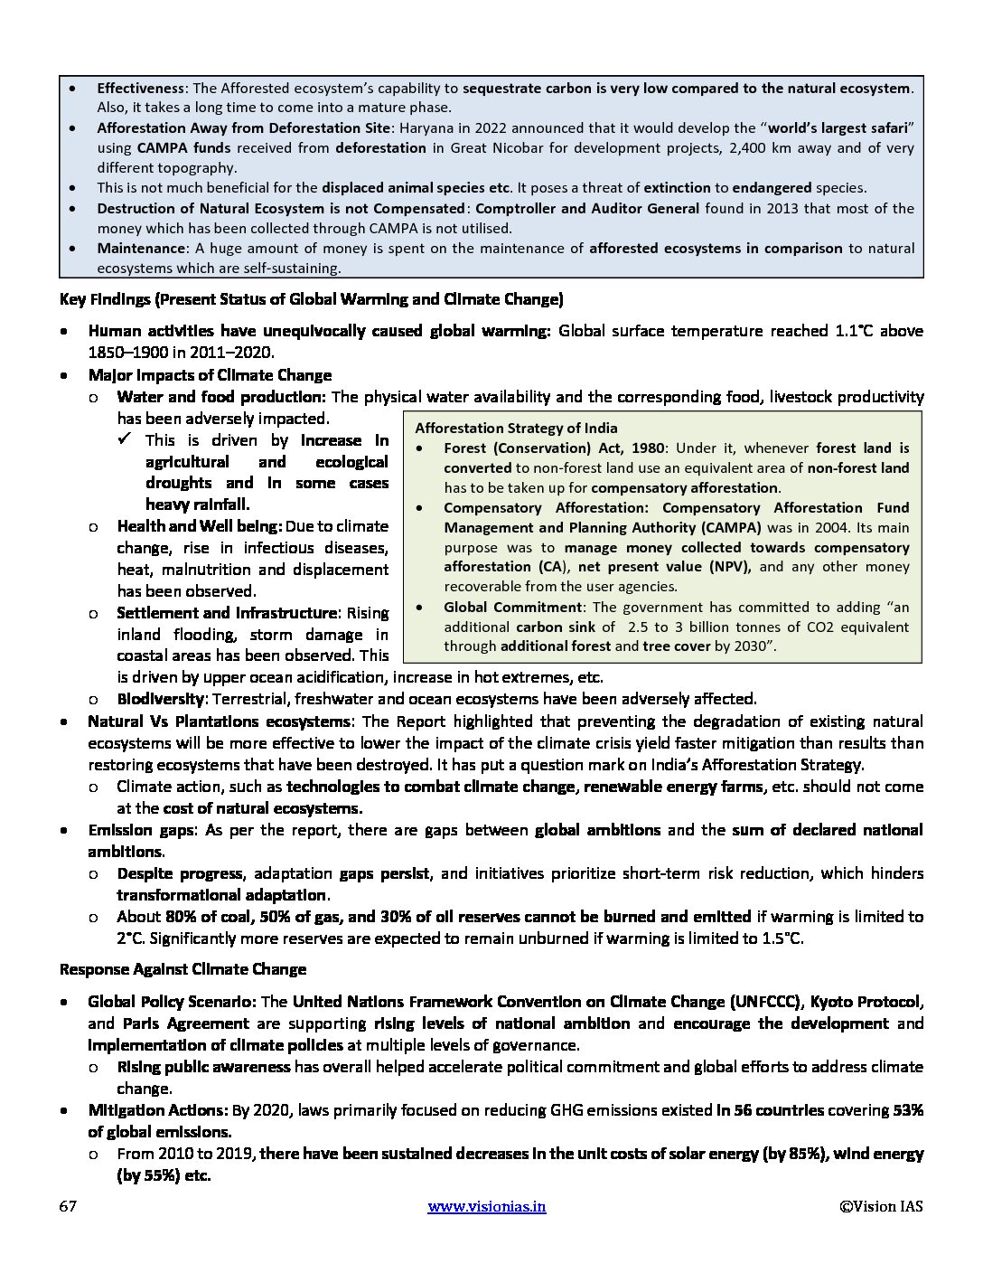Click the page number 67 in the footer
tap(68, 1206)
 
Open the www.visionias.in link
tap(486, 1206)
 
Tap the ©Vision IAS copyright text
tap(881, 1206)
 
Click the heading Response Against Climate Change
tap(183, 969)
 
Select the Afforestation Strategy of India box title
tap(516, 429)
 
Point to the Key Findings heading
tap(311, 299)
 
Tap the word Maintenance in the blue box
tap(139, 249)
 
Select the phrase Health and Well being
tap(200, 526)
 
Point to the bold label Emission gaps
tap(140, 830)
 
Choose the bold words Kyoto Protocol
tap(866, 1002)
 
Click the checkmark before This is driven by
tap(126, 439)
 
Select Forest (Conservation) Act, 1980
tap(554, 448)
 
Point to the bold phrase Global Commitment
tap(512, 608)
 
